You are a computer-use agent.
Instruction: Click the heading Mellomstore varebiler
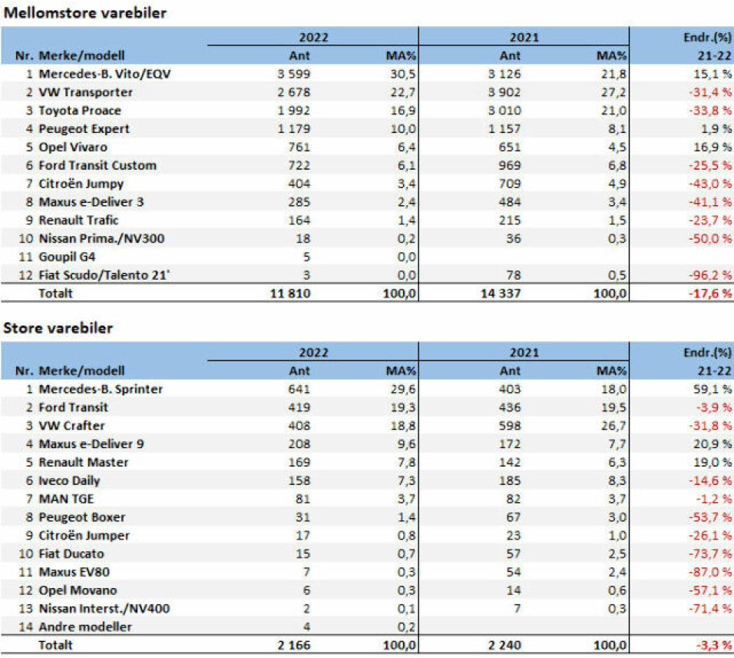(x=85, y=12)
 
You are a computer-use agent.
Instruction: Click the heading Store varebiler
(x=58, y=328)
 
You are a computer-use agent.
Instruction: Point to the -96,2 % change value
(x=703, y=275)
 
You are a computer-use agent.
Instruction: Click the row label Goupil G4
(x=67, y=257)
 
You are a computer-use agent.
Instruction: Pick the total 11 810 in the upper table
(x=289, y=294)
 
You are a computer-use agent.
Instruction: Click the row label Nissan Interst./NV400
(x=104, y=609)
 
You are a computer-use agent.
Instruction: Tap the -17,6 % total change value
(x=703, y=294)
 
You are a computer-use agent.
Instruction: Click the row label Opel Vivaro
(x=73, y=147)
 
